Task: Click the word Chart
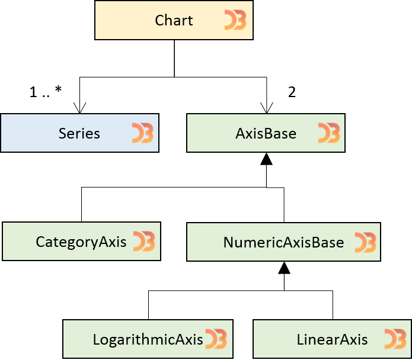click(174, 21)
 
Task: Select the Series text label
click(79, 134)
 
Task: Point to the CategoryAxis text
click(81, 242)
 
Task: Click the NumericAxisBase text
click(283, 243)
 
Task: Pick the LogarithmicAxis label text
click(148, 340)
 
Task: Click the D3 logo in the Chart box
click(235, 21)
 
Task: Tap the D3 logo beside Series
click(142, 134)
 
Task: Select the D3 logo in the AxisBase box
click(328, 134)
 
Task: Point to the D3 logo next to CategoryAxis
click(143, 242)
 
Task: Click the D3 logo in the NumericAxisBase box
click(365, 243)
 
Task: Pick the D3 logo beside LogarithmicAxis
click(216, 339)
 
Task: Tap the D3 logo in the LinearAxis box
click(395, 339)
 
